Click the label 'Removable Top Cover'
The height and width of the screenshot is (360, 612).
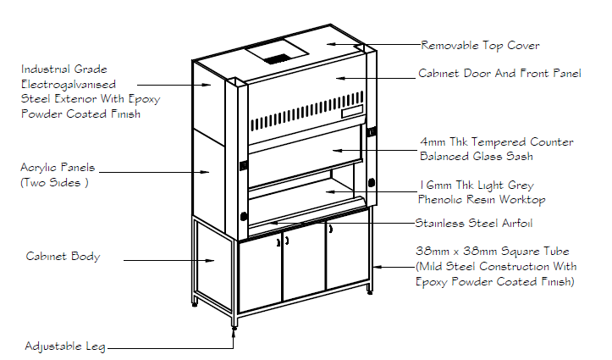tap(480, 46)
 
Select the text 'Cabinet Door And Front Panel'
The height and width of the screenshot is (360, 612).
tap(499, 74)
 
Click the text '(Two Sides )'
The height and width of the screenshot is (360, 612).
tap(54, 182)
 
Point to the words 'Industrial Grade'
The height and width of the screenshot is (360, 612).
tap(64, 69)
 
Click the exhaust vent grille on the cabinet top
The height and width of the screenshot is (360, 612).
tap(274, 58)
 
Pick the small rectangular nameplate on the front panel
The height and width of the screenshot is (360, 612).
tap(350, 113)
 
